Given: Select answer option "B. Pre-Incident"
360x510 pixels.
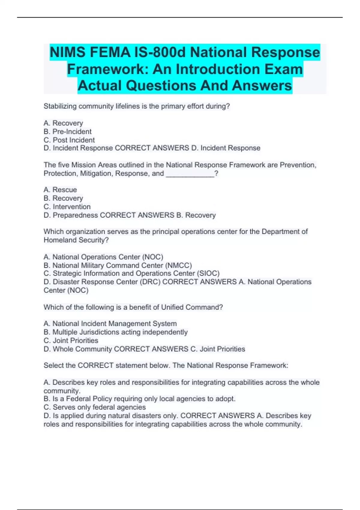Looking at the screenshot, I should (67, 132).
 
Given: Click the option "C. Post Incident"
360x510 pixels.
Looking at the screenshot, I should (69, 140).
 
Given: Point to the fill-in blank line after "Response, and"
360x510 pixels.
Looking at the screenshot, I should (190, 174).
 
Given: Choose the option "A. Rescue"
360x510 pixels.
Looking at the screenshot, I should (60, 190).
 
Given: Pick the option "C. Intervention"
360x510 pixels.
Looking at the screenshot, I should (67, 207).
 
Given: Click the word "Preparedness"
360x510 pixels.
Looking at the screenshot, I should (75, 215).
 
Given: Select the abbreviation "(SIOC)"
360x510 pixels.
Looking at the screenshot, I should (208, 274).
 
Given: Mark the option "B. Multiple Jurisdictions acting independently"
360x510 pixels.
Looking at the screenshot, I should (115, 332).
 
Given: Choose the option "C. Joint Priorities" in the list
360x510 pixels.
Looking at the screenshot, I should (71, 340).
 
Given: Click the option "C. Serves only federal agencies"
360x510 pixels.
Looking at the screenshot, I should (94, 407).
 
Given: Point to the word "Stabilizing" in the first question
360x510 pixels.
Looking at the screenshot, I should (60, 106).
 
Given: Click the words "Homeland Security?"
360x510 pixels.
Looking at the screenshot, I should (76, 240).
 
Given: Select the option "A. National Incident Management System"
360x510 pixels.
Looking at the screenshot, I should (110, 324).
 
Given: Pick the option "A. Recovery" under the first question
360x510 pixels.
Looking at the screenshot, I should (63, 123).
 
